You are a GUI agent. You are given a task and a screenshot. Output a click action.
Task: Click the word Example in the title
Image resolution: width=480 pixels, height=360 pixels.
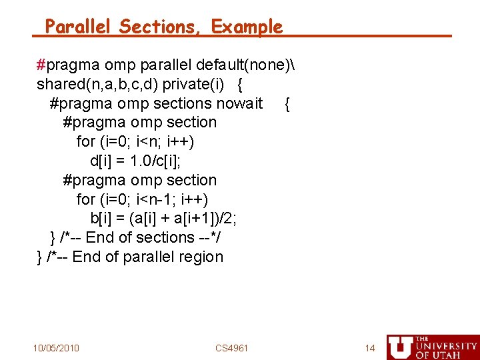pyautogui.click(x=247, y=27)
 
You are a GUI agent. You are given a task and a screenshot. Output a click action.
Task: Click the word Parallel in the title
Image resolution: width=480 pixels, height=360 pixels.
pyautogui.click(x=79, y=27)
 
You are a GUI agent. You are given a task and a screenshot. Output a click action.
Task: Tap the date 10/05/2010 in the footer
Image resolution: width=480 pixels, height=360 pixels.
pyautogui.click(x=56, y=348)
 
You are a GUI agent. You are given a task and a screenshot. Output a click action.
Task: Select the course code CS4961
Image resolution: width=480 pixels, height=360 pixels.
pyautogui.click(x=232, y=348)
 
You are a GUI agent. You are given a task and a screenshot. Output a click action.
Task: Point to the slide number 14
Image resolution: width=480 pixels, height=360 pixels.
pyautogui.click(x=370, y=348)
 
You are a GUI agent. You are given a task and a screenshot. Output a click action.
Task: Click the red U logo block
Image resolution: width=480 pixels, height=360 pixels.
pyautogui.click(x=399, y=347)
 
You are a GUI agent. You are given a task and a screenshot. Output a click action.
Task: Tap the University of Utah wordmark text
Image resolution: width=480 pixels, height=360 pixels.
pyautogui.click(x=446, y=347)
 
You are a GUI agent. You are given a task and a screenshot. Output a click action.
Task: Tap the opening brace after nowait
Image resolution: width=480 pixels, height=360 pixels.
pyautogui.click(x=287, y=103)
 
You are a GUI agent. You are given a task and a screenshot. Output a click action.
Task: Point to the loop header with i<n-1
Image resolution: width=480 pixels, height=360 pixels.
pyautogui.click(x=142, y=199)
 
